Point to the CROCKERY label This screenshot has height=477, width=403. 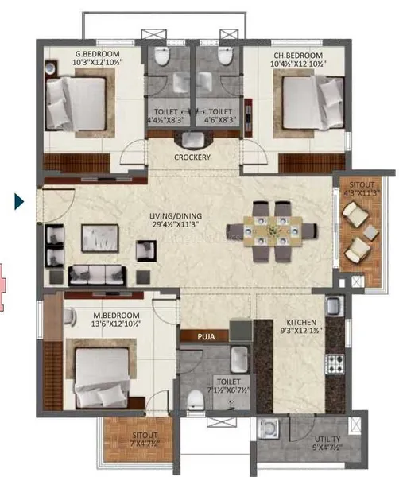coord(192,157)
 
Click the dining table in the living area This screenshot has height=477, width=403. coord(270,231)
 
